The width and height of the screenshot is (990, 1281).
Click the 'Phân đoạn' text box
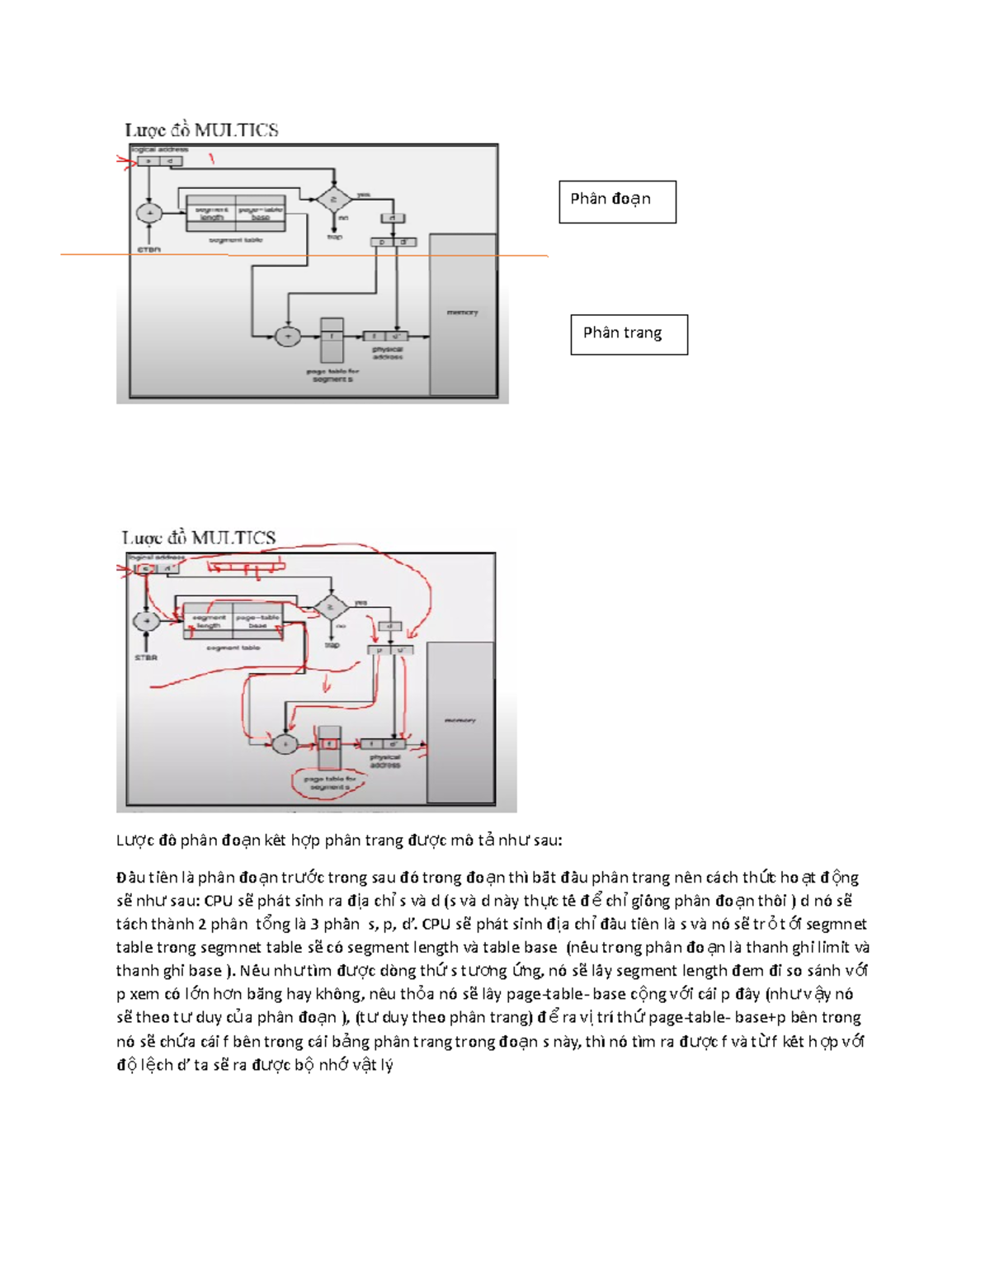(617, 201)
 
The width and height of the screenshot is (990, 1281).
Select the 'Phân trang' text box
(629, 334)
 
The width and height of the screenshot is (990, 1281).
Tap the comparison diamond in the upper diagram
(332, 199)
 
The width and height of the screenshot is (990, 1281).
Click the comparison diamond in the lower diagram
(331, 607)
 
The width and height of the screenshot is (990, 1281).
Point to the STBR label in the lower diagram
(146, 657)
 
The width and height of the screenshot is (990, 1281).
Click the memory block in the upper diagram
(462, 313)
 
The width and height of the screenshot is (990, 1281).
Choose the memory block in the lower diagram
(460, 721)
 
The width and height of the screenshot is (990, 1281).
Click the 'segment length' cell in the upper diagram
(211, 214)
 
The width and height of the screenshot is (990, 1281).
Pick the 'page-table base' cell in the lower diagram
(257, 621)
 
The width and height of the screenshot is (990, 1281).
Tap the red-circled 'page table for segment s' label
(328, 783)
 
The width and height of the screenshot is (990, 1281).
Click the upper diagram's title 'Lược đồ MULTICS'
(201, 130)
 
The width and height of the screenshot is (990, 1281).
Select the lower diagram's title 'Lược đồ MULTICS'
(199, 538)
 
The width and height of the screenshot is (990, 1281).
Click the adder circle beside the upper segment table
(148, 213)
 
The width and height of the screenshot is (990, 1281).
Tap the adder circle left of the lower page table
(285, 743)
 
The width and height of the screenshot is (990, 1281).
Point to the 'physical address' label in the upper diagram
(387, 353)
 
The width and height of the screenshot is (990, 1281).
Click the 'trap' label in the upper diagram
(334, 237)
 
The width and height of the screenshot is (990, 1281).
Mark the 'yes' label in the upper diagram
(362, 195)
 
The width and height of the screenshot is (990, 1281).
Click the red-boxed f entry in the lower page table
(329, 743)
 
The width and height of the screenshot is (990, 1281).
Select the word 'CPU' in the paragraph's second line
(218, 901)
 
